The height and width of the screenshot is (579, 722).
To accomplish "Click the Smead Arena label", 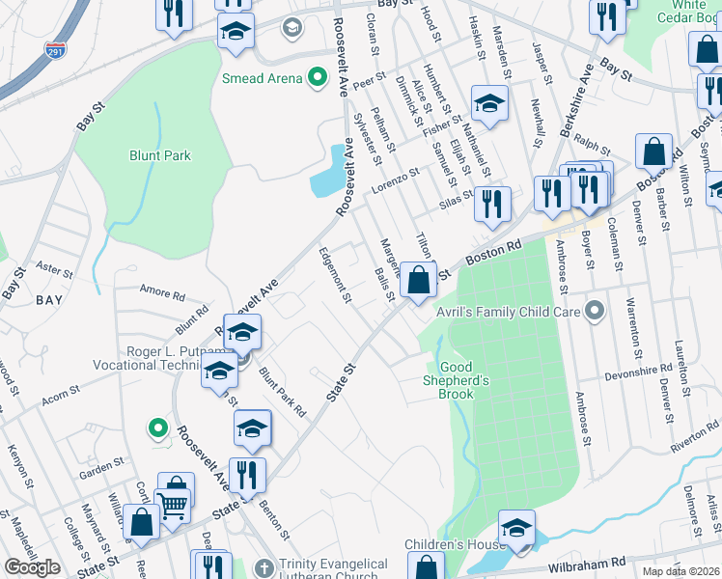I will point(262,78).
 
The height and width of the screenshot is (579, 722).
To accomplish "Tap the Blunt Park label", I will point(160,155).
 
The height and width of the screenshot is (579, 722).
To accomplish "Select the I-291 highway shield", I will point(56,52).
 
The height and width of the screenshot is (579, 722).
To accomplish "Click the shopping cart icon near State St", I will point(173,503).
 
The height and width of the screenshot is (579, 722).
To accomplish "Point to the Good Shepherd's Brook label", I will point(465,373).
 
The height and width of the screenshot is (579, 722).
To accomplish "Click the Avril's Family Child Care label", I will point(522,311).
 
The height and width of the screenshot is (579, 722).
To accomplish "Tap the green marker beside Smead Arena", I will point(315,78).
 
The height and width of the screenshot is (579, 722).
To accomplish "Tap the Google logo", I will point(33,567).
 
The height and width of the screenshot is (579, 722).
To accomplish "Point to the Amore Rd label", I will point(161,293).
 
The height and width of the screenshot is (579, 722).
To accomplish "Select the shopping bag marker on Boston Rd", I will point(419,281).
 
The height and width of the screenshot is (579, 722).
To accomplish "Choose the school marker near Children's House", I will point(516,529).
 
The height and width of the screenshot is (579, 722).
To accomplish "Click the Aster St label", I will point(47,264).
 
